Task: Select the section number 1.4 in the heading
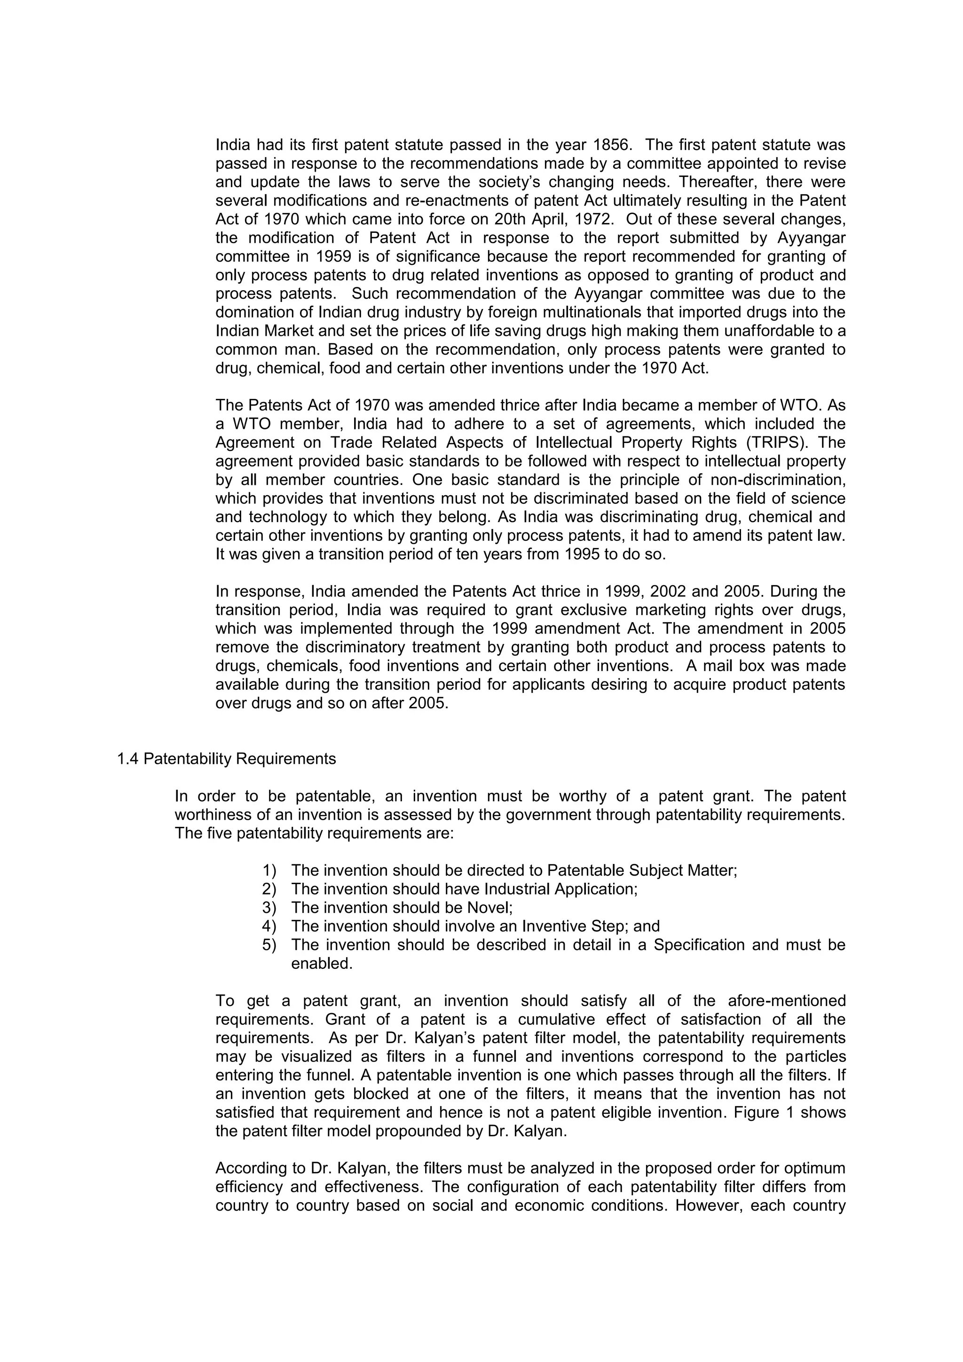click(x=127, y=759)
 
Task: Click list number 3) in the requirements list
click(x=269, y=908)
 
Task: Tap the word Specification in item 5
click(x=700, y=944)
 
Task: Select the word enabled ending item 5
click(x=322, y=963)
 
